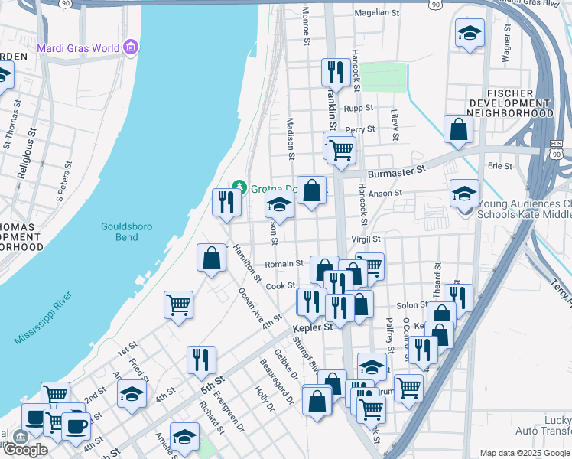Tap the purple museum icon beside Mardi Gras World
131,48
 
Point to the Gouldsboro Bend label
120,231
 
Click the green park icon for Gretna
239,187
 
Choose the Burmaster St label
395,174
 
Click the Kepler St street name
312,327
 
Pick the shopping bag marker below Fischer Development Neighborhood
457,129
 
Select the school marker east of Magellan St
469,33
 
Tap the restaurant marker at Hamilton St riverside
226,202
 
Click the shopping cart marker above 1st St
178,304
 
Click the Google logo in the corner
24,450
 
